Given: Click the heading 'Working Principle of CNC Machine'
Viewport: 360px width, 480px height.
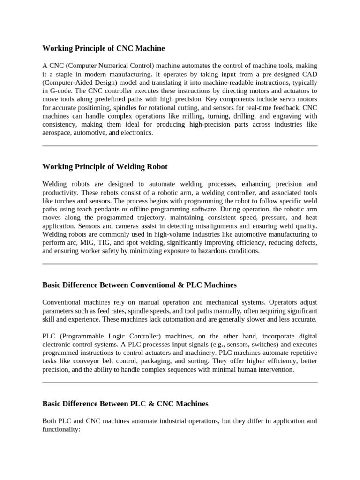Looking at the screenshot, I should (104, 48).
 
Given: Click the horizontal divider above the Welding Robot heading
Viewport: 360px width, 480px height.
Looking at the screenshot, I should (180, 146).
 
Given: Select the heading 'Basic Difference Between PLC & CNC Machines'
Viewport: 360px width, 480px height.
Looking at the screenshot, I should (125, 404).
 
